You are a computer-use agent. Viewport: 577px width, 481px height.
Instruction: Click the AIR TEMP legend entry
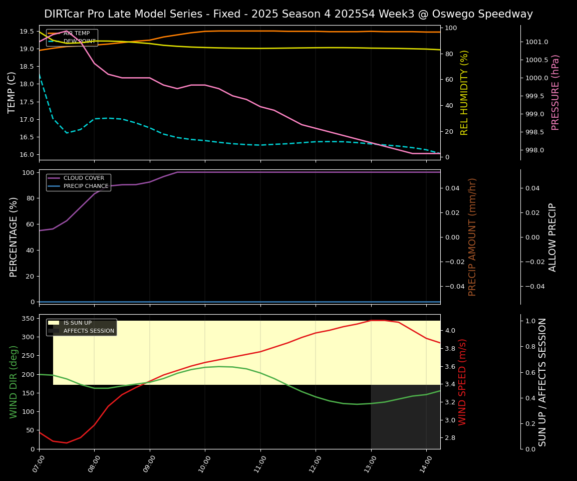[x=76, y=34]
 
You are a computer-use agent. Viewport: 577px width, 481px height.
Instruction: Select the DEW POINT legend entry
[x=79, y=42]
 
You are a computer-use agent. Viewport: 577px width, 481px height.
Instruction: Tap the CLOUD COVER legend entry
[x=84, y=178]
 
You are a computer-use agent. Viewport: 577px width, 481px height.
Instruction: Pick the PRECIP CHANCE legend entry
[x=86, y=186]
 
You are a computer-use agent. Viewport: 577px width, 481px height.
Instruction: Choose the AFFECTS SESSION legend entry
[x=89, y=331]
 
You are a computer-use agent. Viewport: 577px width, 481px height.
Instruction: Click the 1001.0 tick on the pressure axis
[x=536, y=42]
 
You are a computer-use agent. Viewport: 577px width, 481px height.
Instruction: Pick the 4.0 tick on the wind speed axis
[x=449, y=331]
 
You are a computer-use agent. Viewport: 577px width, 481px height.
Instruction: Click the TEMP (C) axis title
[x=12, y=93]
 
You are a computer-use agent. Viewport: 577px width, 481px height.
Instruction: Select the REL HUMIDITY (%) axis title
[x=464, y=93]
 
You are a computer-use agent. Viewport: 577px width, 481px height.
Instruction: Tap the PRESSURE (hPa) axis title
[x=555, y=93]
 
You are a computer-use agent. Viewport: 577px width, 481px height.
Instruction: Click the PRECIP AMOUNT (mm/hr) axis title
[x=472, y=237]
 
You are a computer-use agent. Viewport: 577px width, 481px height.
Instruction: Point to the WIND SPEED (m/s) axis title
[x=462, y=382]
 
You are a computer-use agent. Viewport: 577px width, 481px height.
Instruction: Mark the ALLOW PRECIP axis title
[x=552, y=237]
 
